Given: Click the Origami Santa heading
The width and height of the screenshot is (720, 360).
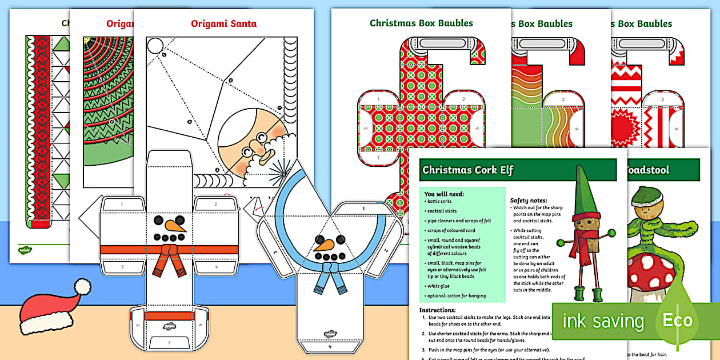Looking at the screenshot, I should [223, 24].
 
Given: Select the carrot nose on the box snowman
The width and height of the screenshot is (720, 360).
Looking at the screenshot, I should [176, 226].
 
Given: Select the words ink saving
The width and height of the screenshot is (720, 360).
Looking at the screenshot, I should [603, 321].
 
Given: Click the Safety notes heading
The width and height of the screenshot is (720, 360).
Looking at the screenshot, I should [529, 201].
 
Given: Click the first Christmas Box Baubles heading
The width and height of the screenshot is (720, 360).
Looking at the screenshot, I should [421, 23].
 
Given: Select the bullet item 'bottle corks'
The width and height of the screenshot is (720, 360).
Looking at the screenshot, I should [441, 202].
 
